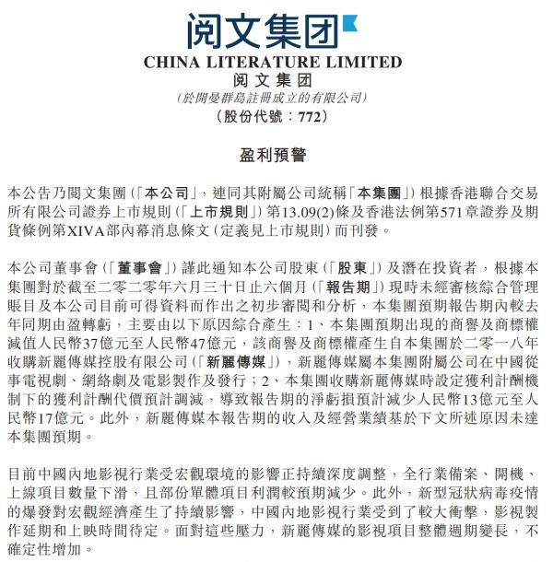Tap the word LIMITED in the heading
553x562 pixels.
(x=367, y=63)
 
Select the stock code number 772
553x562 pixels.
(x=310, y=117)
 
